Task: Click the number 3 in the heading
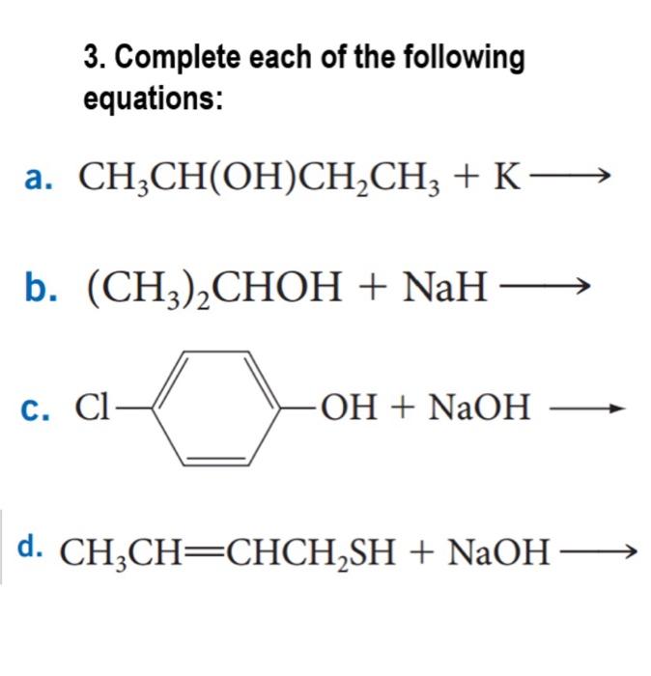pyautogui.click(x=90, y=59)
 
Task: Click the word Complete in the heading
pyautogui.click(x=171, y=59)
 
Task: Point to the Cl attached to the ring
pyautogui.click(x=93, y=409)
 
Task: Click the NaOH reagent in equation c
pyautogui.click(x=479, y=409)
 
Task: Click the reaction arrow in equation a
pyautogui.click(x=572, y=177)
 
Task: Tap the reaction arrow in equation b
pyautogui.click(x=545, y=287)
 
